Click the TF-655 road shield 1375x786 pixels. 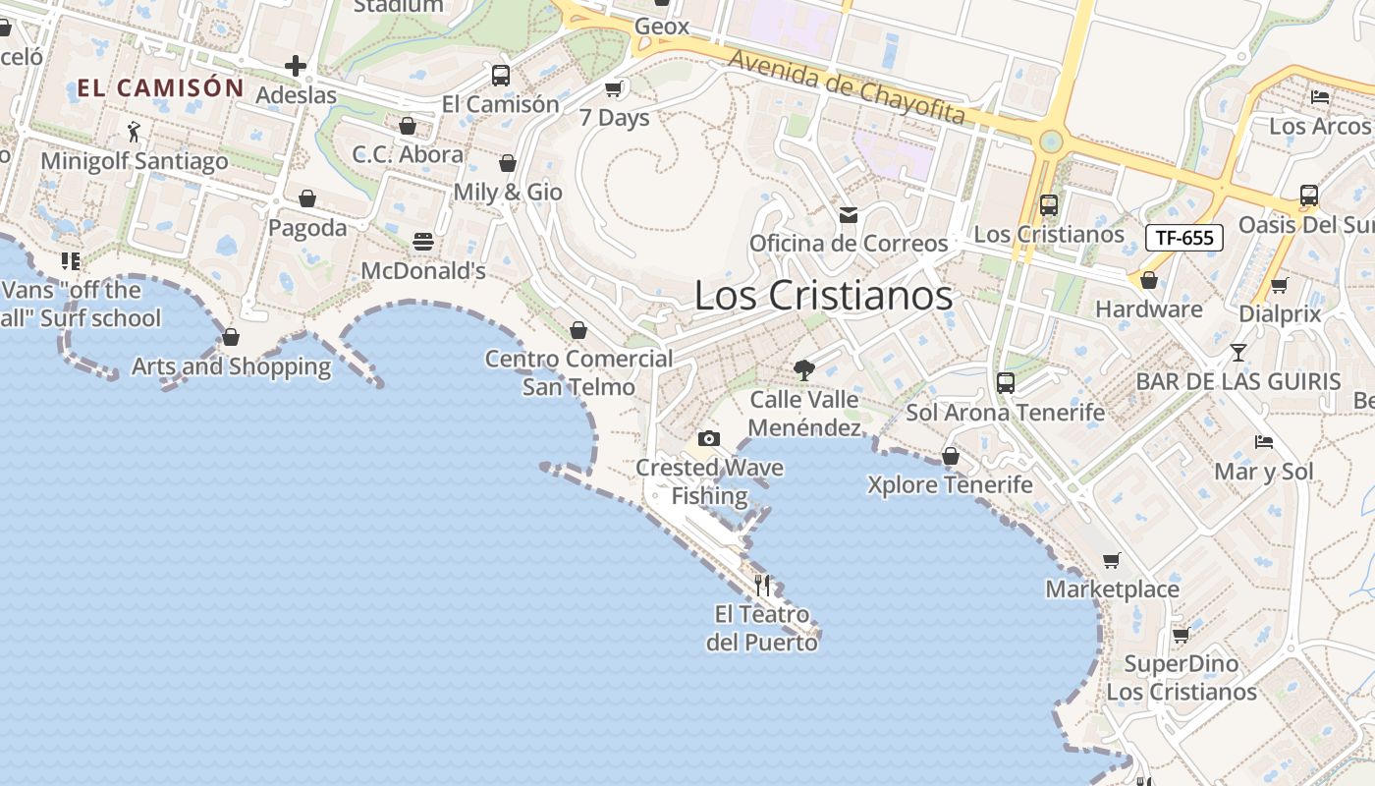[x=1183, y=237]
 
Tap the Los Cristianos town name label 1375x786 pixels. [x=823, y=296]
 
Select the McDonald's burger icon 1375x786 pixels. [x=423, y=242]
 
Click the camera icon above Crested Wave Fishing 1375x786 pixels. [x=709, y=438]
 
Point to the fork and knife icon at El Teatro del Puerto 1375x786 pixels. [x=763, y=586]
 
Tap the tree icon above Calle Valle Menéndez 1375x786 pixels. [x=804, y=370]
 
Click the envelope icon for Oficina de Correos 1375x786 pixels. [x=849, y=214]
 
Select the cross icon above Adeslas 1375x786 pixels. [x=296, y=67]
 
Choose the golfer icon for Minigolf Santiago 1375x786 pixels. [x=135, y=132]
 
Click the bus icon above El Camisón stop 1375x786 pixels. [x=501, y=76]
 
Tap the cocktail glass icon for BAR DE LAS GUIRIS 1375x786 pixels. [x=1238, y=352]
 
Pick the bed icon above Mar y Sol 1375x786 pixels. [x=1264, y=442]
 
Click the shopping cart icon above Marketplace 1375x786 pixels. [x=1112, y=560]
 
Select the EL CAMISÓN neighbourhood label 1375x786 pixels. [x=160, y=87]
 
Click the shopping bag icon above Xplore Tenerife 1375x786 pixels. [x=950, y=456]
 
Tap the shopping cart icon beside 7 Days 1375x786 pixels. [x=615, y=89]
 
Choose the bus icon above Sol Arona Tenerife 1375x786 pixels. [x=1006, y=383]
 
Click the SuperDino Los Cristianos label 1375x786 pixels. [x=1182, y=678]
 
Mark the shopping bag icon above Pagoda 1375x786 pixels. [x=307, y=198]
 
